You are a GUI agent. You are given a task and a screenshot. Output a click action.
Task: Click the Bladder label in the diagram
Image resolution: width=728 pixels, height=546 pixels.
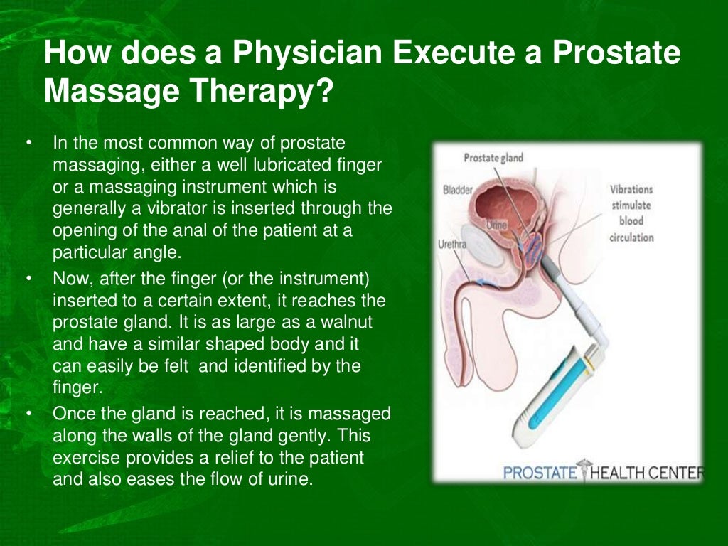point(456,190)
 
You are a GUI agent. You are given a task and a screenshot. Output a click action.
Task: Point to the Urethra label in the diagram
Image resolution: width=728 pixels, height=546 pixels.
point(452,244)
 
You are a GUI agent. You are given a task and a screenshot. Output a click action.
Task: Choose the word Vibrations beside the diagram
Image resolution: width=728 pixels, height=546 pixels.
point(631,190)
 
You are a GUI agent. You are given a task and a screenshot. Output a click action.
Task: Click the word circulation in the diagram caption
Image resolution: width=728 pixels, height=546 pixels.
point(631,237)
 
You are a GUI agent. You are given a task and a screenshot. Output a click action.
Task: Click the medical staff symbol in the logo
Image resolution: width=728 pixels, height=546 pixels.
point(584,471)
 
